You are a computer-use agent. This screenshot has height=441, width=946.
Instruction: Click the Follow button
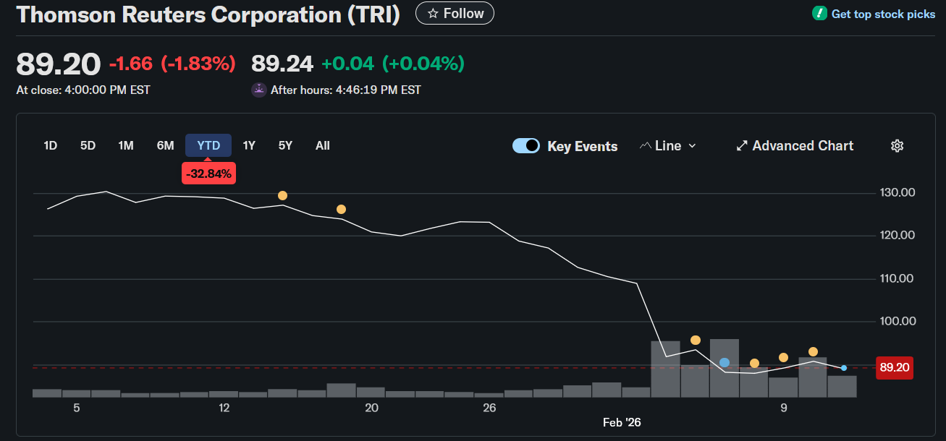455,13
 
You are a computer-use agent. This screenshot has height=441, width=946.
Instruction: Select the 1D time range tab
50,145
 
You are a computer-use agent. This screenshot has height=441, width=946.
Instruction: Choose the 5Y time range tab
285,145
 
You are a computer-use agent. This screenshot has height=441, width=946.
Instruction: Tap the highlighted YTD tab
208,145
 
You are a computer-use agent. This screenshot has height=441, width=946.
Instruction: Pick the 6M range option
165,145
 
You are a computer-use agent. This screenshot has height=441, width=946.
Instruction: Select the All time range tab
323,145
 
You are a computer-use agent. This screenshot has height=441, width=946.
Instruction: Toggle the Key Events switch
526,145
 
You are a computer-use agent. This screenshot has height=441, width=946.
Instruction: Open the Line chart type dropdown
667,145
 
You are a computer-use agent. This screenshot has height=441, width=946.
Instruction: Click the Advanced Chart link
795,145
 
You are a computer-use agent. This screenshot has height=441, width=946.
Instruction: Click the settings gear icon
897,146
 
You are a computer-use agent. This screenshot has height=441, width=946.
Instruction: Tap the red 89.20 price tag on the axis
894,367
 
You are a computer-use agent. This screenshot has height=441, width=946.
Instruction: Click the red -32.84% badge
208,174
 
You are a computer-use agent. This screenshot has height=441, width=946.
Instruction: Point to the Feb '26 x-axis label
622,422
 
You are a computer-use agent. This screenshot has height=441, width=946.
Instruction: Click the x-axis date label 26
489,408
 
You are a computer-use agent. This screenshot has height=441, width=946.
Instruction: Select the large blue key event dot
725,362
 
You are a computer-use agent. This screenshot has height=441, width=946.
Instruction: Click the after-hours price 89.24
282,64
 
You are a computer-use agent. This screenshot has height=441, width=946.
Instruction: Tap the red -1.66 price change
131,64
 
